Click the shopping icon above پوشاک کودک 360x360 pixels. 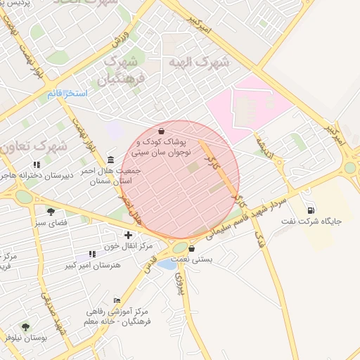point(162,131)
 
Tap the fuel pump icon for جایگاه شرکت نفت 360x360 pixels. point(311,210)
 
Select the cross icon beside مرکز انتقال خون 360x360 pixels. point(127,235)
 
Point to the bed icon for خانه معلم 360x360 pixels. point(117,300)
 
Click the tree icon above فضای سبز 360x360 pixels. point(51,211)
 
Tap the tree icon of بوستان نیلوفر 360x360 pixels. point(26,327)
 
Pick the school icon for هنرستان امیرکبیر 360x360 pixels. point(92,254)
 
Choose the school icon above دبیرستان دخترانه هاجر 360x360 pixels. point(37,165)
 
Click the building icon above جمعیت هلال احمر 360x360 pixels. point(110,159)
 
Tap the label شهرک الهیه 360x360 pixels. point(199,62)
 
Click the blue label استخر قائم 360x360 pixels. point(67,94)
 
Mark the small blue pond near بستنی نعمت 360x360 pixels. point(167,264)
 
